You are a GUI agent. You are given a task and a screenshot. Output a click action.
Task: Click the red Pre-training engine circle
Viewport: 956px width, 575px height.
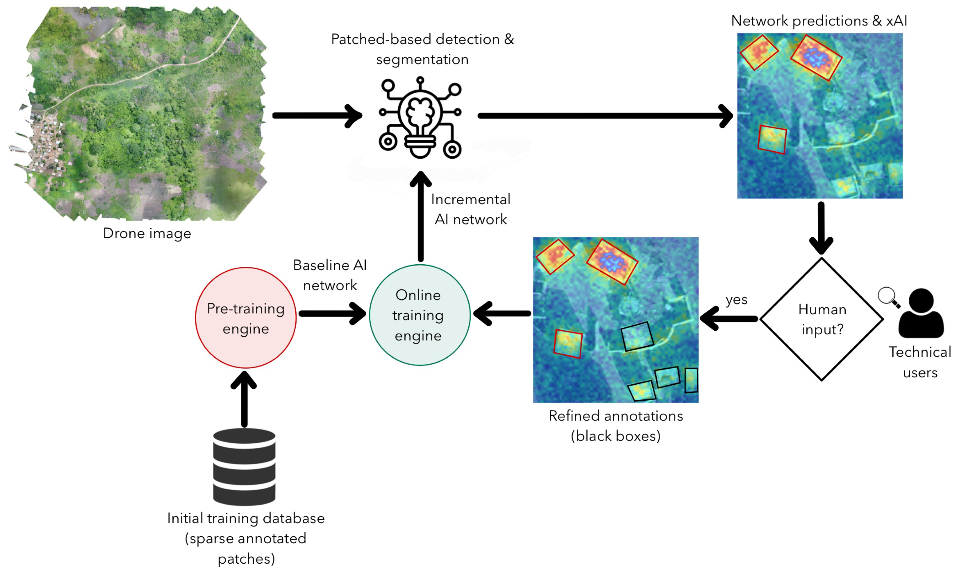(246, 318)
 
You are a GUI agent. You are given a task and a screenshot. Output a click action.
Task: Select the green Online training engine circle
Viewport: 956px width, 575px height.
(420, 315)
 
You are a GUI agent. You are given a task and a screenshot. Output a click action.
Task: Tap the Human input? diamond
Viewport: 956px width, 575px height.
(821, 319)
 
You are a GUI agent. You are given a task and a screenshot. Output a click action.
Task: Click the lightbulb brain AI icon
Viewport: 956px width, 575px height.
(420, 118)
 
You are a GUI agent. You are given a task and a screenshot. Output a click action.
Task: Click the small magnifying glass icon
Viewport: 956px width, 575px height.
(888, 297)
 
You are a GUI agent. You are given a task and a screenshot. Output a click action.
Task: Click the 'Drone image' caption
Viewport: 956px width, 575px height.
(147, 233)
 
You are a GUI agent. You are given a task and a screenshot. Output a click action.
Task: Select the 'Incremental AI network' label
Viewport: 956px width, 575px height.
(470, 209)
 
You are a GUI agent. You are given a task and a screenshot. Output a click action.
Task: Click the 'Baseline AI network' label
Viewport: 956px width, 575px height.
(330, 275)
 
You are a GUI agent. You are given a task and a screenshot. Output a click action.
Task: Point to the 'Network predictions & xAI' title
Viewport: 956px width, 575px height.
(819, 21)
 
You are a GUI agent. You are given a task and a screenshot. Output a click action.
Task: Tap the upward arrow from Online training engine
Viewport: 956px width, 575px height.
(421, 217)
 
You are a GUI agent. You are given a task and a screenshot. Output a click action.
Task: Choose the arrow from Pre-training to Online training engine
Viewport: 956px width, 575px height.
(332, 313)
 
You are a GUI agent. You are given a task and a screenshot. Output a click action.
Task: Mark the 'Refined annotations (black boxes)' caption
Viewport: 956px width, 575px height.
(616, 425)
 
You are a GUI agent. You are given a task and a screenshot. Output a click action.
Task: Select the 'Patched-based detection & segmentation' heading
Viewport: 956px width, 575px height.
(422, 49)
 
